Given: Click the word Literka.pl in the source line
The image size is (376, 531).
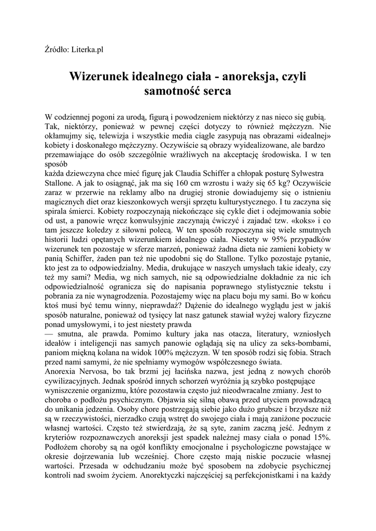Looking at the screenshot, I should tap(87, 50).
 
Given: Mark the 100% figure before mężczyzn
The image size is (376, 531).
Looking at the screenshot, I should tap(175, 352).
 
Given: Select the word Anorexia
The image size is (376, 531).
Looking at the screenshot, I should tap(62, 371).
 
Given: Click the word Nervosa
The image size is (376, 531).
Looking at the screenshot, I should tap(98, 371).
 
